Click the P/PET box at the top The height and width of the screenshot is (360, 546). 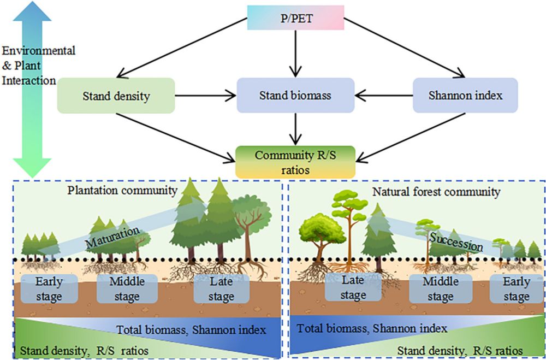[295, 17]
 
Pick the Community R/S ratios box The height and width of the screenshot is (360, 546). [295, 161]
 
